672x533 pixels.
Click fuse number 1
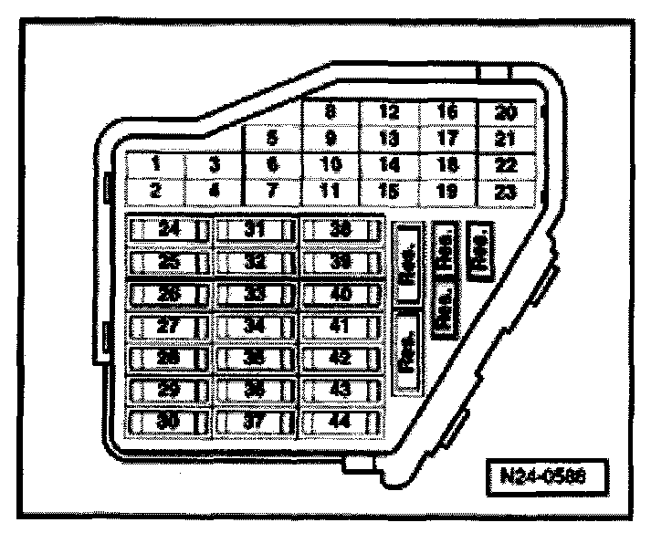tap(156, 164)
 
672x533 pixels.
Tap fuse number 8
tap(331, 113)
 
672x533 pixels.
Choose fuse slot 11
tap(331, 193)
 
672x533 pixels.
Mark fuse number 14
tap(389, 165)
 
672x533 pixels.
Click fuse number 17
tap(447, 140)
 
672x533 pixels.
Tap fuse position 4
tap(215, 193)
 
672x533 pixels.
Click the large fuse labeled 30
tap(169, 422)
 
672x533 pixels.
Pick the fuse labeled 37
tap(255, 422)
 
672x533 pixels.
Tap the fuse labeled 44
tap(341, 422)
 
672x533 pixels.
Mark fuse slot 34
tap(255, 326)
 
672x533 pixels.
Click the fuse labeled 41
tap(341, 326)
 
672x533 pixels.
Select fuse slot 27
tap(169, 326)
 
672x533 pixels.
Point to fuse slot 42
tap(341, 358)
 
